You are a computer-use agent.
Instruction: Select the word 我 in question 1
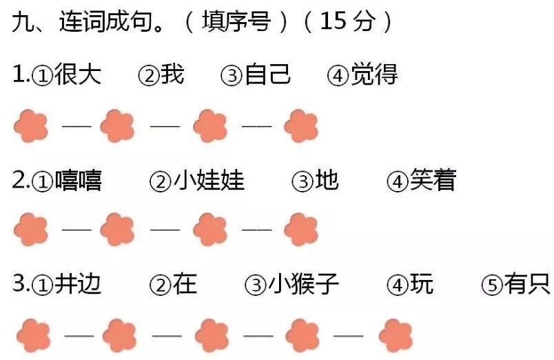coord(172,74)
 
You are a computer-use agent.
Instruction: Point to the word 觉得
coord(374,74)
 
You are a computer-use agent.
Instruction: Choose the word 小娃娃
coord(209,181)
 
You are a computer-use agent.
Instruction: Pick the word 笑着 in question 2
coord(433,181)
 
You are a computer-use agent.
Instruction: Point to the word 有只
coord(527,284)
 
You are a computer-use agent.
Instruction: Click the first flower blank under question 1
coord(31,126)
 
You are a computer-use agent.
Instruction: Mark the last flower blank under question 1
coord(301,126)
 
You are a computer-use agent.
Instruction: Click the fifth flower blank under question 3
coord(396,336)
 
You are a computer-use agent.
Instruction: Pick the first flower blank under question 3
coord(33,336)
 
